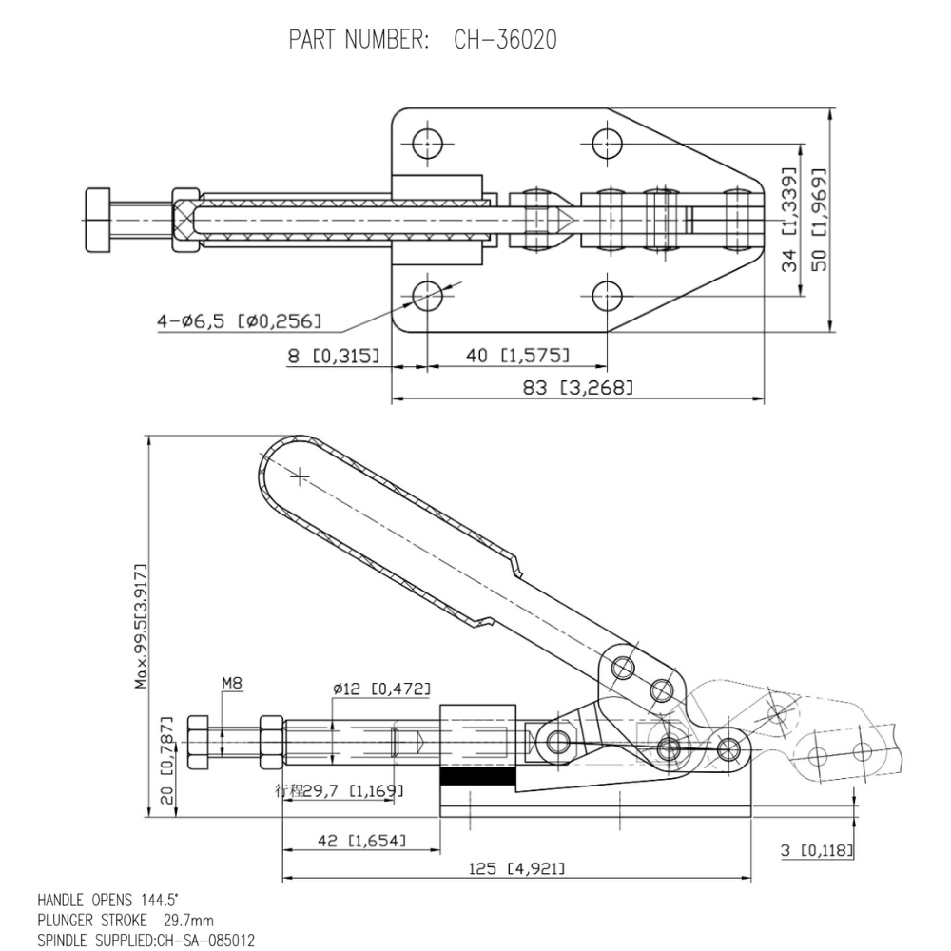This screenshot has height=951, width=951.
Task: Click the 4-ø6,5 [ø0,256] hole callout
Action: (x=239, y=321)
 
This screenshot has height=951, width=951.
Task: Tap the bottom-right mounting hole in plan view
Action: (x=606, y=296)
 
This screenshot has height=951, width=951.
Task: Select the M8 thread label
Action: (x=232, y=682)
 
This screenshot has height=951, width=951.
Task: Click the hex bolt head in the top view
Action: (x=98, y=221)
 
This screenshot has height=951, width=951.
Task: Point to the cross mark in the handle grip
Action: (x=300, y=475)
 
